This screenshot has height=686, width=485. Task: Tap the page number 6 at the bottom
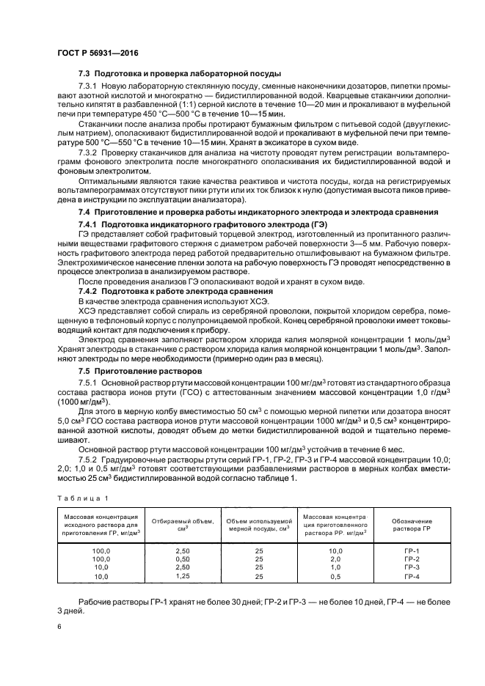click(x=59, y=626)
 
